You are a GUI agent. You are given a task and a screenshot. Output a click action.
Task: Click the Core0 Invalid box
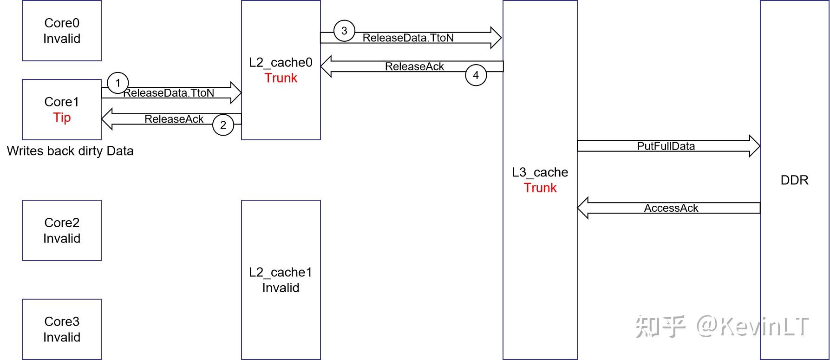(62, 31)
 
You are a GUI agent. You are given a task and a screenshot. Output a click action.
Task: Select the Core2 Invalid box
(62, 230)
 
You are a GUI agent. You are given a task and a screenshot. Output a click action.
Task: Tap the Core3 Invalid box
(62, 329)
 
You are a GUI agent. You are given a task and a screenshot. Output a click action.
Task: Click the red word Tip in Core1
(62, 118)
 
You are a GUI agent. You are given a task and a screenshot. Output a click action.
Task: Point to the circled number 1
(118, 83)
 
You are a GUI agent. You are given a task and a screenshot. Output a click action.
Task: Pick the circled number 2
(223, 125)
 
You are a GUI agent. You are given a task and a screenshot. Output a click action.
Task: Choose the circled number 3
(344, 31)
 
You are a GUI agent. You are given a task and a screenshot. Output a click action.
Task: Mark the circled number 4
(476, 75)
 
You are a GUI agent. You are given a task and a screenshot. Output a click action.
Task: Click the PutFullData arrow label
(666, 146)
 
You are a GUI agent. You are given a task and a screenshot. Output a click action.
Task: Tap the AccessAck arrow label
(671, 208)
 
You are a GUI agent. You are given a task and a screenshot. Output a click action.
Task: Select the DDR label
(794, 180)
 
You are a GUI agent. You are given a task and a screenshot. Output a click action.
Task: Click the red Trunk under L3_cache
(540, 188)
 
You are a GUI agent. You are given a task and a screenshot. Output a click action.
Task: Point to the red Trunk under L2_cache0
(281, 78)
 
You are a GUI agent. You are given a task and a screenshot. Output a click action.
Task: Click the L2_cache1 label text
(281, 272)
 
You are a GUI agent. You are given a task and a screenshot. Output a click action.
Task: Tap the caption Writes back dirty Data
(70, 151)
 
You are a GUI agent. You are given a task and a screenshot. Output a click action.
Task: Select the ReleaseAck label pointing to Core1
(174, 119)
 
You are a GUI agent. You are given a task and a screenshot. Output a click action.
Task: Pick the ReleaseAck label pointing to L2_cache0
(414, 67)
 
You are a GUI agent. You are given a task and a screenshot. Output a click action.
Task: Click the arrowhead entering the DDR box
(755, 146)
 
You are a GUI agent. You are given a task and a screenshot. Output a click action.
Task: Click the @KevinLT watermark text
(752, 327)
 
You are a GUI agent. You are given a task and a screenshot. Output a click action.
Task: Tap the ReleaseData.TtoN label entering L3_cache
(408, 38)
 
